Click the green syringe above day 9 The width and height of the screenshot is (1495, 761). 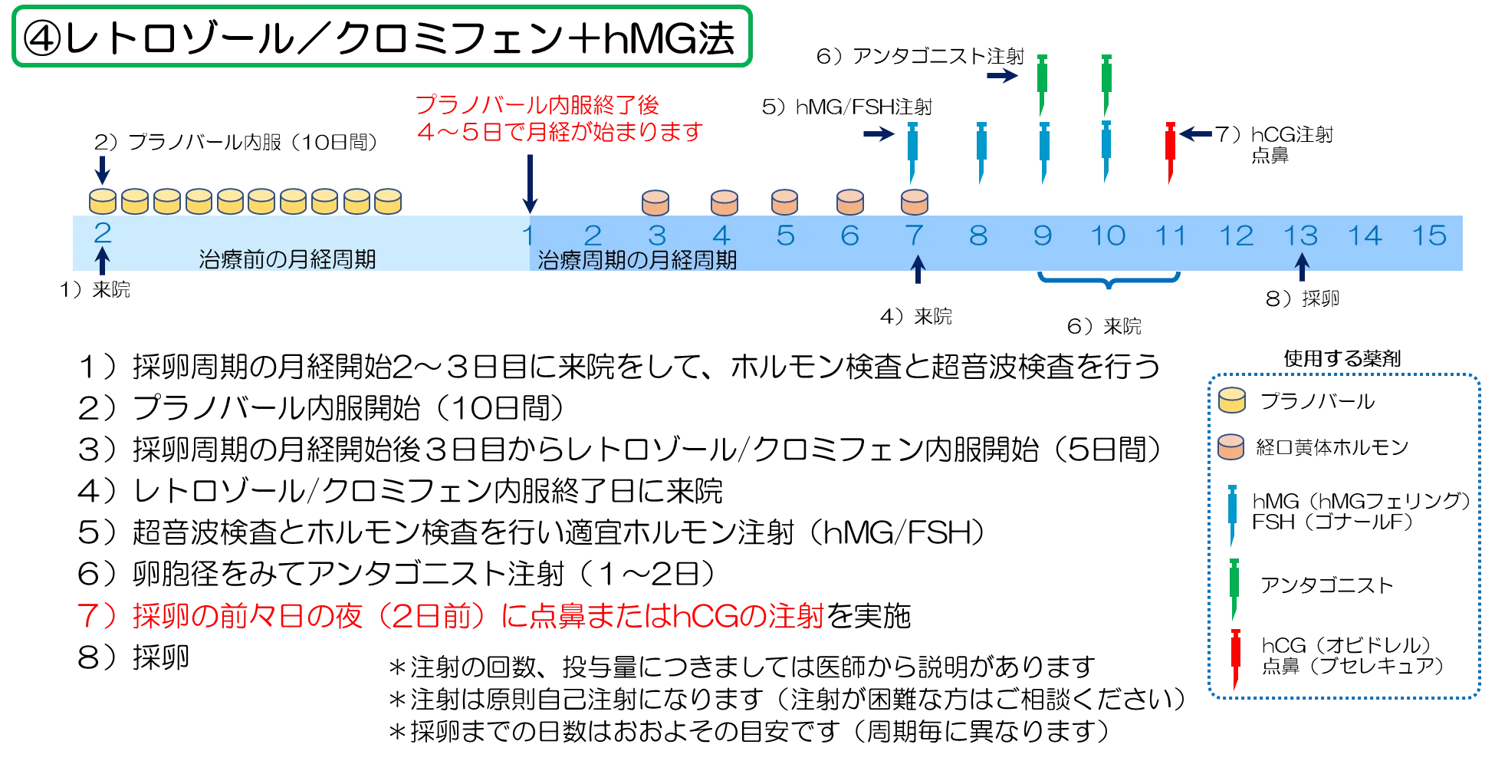tap(1042, 81)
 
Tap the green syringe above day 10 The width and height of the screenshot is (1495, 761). tap(1106, 81)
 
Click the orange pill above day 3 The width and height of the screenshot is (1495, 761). tap(656, 203)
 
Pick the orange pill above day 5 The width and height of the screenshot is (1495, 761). tap(784, 203)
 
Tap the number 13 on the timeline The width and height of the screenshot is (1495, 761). tap(1300, 236)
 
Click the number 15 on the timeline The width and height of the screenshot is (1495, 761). tap(1429, 236)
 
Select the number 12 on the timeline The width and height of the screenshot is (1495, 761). tap(1236, 236)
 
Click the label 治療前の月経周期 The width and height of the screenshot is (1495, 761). tap(287, 260)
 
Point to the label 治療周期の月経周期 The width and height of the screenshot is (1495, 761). tap(637, 260)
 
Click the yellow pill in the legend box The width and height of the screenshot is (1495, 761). tap(1232, 400)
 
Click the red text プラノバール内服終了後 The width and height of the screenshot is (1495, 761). tap(537, 105)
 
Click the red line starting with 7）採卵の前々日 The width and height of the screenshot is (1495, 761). tap(452, 618)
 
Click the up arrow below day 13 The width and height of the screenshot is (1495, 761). tap(1300, 268)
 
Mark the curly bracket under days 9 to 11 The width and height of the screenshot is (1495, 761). tap(1109, 282)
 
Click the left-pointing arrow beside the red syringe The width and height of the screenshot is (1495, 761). tap(1198, 135)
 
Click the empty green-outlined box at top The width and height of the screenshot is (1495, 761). tap(381, 36)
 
